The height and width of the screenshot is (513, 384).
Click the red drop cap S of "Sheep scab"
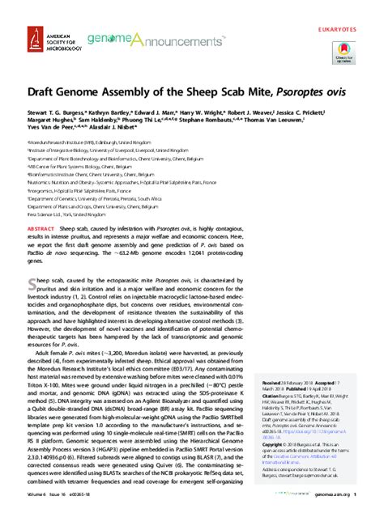coord(32,282)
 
